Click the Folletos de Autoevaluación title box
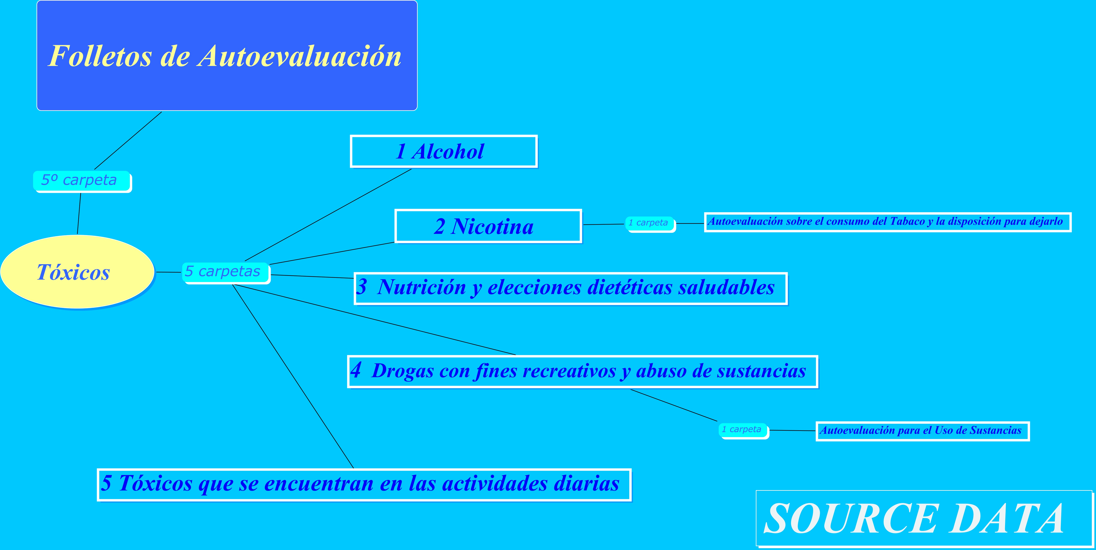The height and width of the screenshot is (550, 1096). tap(227, 55)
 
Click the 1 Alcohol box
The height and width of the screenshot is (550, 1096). tap(444, 151)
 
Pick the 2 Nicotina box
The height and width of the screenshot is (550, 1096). tap(488, 226)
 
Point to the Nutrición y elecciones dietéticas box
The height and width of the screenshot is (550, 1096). tap(571, 288)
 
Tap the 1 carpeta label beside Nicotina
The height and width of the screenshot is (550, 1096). tap(650, 224)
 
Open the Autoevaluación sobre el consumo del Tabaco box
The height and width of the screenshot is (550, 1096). tap(887, 222)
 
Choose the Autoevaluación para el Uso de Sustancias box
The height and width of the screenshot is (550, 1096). tap(922, 431)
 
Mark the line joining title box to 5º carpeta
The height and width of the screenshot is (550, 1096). tap(128, 141)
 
